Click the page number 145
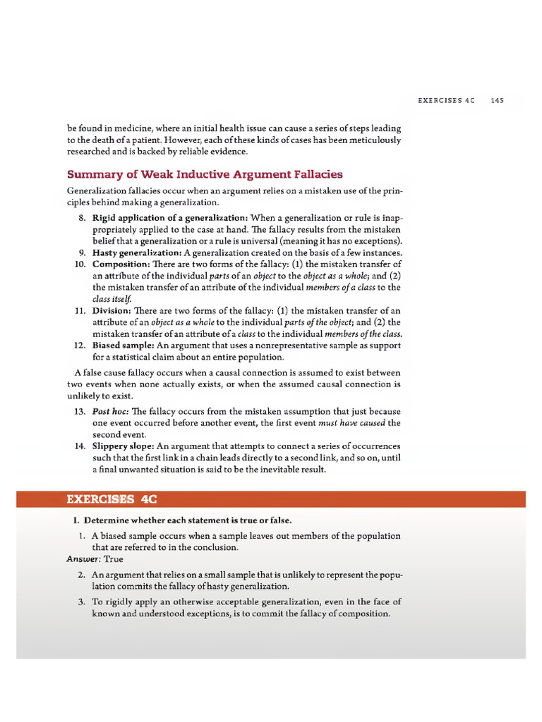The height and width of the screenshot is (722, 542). [498, 101]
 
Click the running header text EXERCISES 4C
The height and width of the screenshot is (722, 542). [447, 101]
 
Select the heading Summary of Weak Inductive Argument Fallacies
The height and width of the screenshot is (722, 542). [205, 174]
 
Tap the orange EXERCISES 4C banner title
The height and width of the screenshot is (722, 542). [111, 499]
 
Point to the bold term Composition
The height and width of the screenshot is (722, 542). [118, 264]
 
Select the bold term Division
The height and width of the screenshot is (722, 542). [111, 310]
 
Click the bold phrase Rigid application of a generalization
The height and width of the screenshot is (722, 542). [169, 218]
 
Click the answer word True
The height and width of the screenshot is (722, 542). [114, 559]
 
